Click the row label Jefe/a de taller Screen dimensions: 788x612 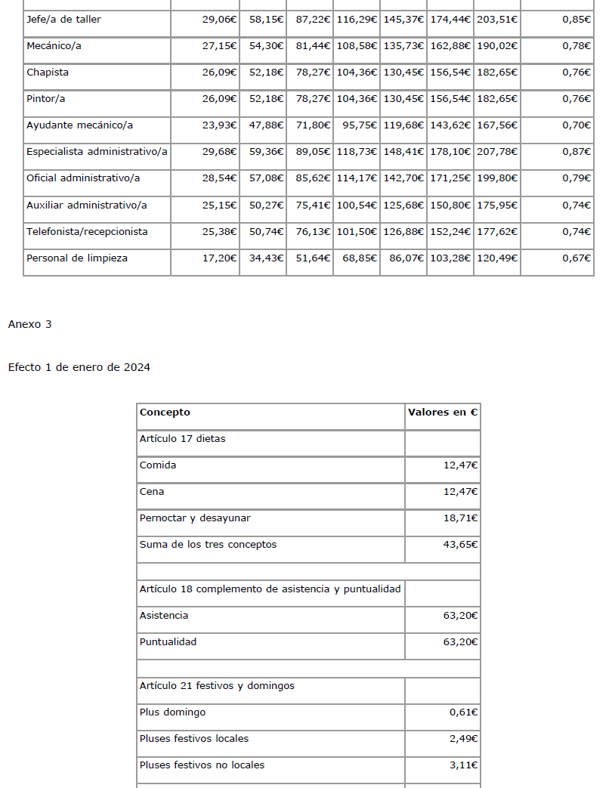63,20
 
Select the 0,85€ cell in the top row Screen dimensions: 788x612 576,20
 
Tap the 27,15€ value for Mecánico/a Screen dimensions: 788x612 220,46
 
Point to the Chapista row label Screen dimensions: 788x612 48,73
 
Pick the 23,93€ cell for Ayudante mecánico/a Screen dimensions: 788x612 220,125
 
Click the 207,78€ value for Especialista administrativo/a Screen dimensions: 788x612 497,152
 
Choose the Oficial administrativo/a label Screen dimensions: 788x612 83,178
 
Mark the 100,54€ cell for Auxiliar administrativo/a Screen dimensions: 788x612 357,205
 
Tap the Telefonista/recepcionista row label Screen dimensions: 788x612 87,231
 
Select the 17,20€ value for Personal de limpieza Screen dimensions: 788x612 220,258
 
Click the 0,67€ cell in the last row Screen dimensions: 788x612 576,258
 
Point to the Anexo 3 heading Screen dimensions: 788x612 30,325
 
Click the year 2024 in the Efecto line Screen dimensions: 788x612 137,368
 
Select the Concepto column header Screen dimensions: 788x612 165,413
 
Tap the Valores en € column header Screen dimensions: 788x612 443,413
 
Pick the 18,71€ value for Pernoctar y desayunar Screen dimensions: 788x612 460,518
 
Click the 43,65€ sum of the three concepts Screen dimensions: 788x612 460,545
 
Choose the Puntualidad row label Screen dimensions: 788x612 168,642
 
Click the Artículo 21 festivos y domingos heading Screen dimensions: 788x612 217,686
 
